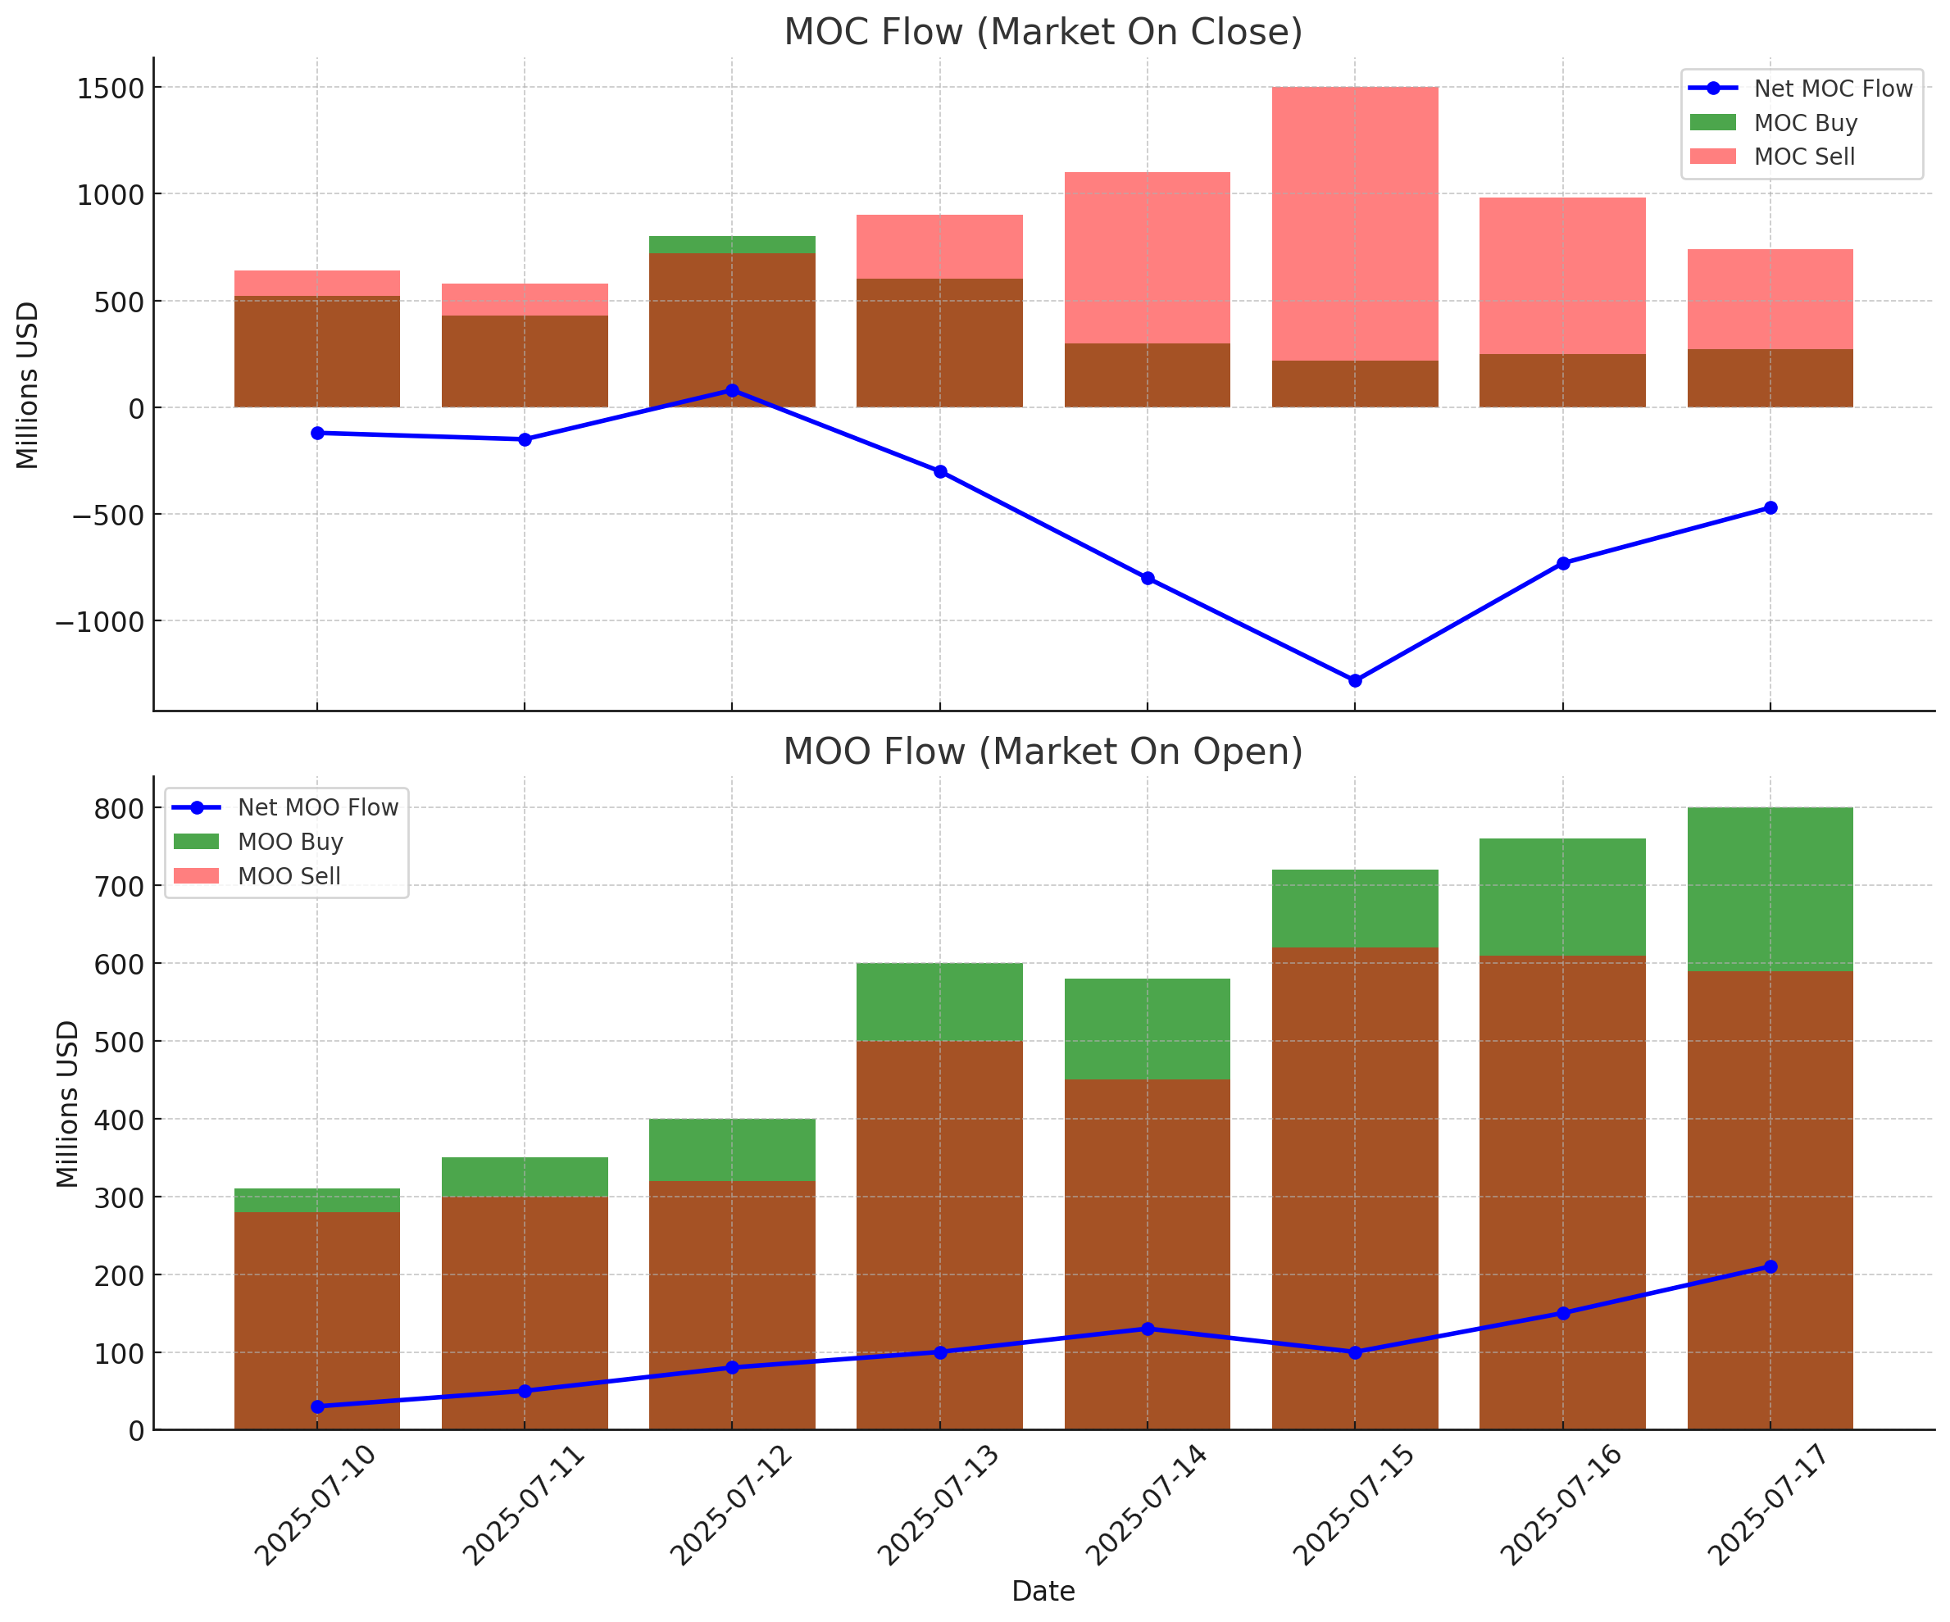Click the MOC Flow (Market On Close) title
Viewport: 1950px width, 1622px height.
(x=1043, y=33)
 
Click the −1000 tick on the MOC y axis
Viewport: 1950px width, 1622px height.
(x=100, y=622)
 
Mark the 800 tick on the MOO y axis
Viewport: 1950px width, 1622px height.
(x=120, y=809)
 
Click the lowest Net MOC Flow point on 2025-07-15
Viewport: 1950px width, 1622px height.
(x=1355, y=680)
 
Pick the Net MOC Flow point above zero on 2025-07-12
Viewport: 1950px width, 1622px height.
(x=732, y=391)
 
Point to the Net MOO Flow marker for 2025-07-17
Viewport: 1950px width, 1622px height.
(x=1770, y=1267)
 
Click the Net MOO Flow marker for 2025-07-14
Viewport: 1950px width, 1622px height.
(x=1148, y=1329)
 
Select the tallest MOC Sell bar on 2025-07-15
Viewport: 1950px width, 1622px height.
(x=1355, y=223)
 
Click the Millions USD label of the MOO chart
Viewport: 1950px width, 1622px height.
(x=68, y=1104)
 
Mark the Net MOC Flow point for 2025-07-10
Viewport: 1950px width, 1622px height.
(x=317, y=434)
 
